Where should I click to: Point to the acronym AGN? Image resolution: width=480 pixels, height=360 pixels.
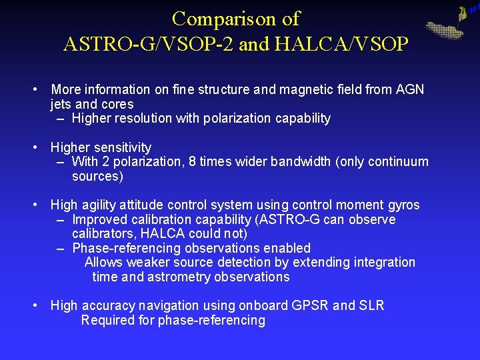(410, 89)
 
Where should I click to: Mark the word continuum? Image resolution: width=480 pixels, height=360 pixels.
(399, 162)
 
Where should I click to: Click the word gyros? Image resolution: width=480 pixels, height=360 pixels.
(402, 205)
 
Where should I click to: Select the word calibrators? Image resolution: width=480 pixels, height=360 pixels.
(103, 234)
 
